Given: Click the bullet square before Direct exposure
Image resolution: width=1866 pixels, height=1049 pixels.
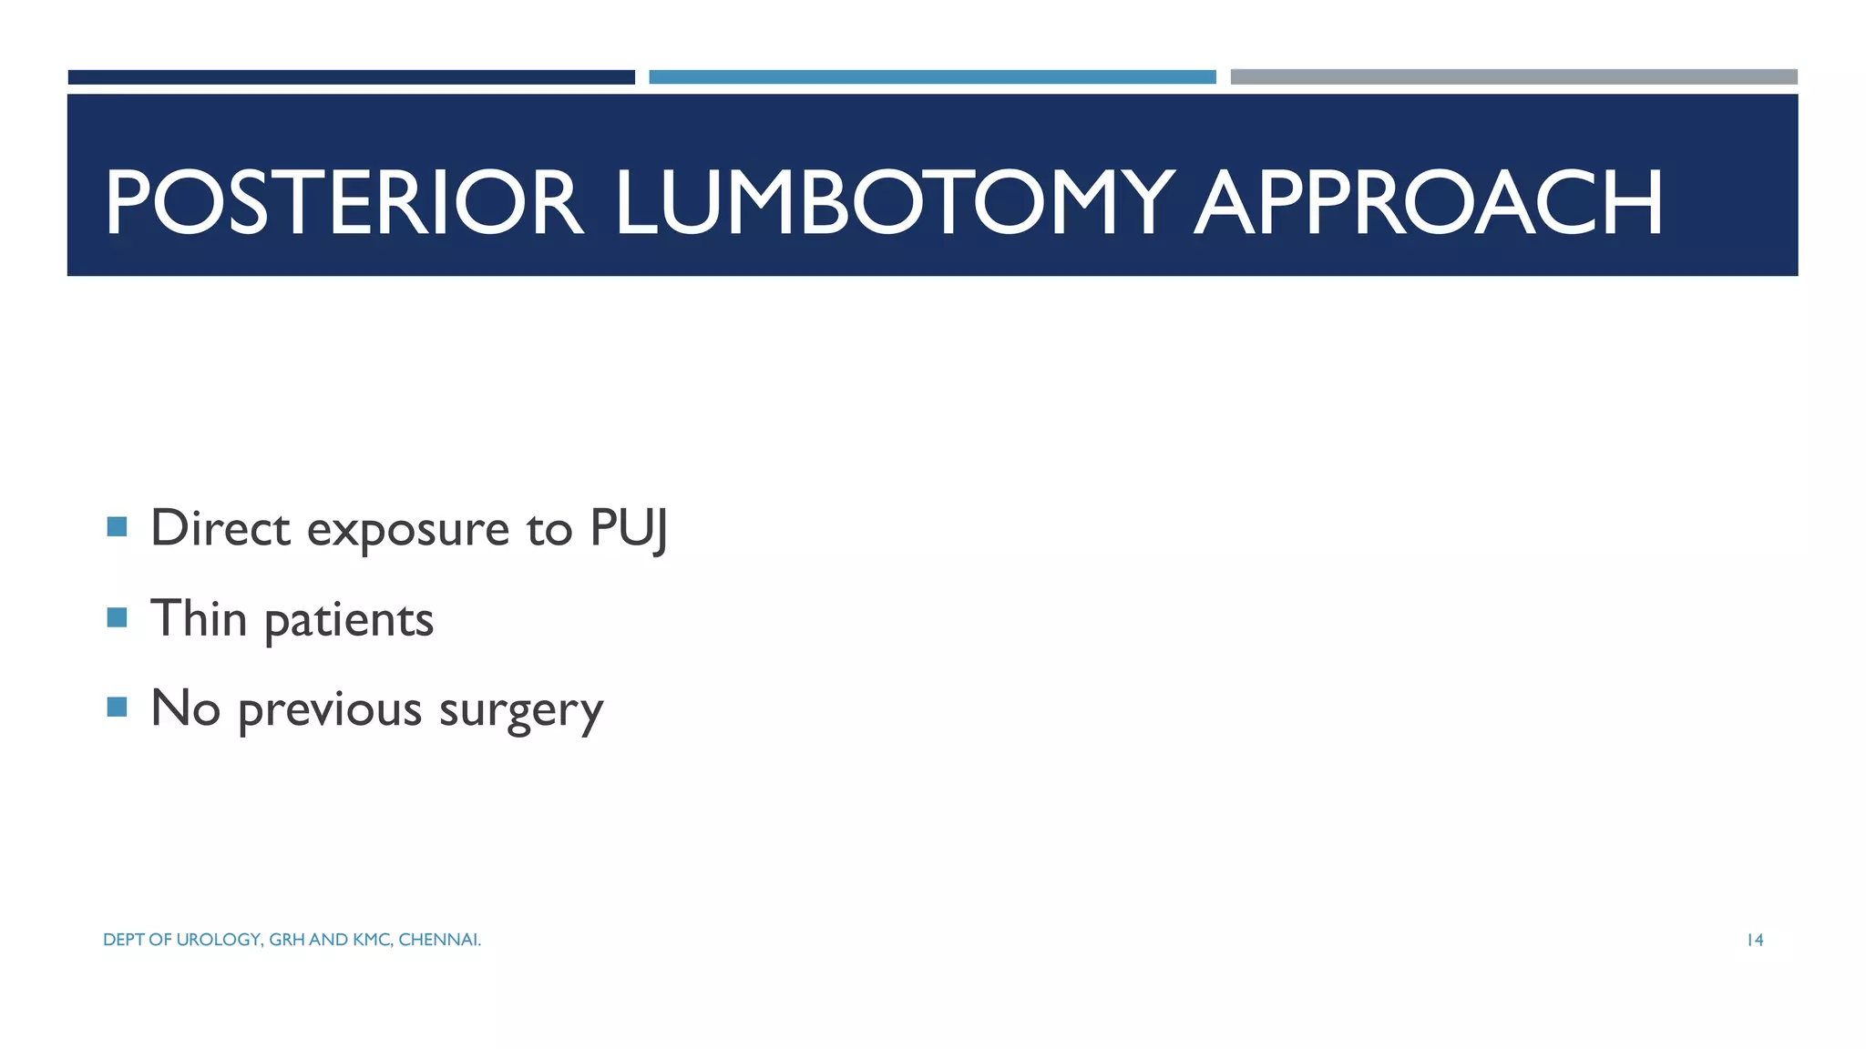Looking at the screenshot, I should coord(117,527).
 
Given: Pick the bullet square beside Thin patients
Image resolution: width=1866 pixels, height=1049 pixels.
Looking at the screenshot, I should coord(117,617).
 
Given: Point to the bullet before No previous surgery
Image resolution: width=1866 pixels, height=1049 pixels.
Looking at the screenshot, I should coord(117,708).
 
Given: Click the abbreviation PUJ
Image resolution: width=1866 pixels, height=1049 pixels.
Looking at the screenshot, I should coord(629,529).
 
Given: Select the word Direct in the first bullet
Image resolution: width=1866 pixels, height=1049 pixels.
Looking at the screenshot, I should coord(220,528).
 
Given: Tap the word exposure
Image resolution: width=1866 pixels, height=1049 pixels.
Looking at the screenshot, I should coord(407,532).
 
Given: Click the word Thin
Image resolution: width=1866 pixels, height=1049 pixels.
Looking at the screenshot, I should coord(199,618).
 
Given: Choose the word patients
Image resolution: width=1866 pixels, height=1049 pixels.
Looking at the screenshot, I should coord(349,622).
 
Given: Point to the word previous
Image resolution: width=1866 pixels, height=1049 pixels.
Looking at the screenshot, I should coord(330,710).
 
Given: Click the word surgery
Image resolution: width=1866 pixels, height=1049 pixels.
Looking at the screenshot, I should coord(521,712).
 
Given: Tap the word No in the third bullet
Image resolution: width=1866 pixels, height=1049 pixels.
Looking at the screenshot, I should coord(186,708).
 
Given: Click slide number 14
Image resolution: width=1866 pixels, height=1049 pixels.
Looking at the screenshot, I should coord(1755,940).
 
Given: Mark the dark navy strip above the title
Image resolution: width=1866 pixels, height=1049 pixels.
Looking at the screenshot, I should coord(351,77).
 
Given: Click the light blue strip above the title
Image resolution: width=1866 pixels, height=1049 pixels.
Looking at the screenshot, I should coord(932,77).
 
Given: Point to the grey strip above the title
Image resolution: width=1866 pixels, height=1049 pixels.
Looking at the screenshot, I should coord(1513,77).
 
